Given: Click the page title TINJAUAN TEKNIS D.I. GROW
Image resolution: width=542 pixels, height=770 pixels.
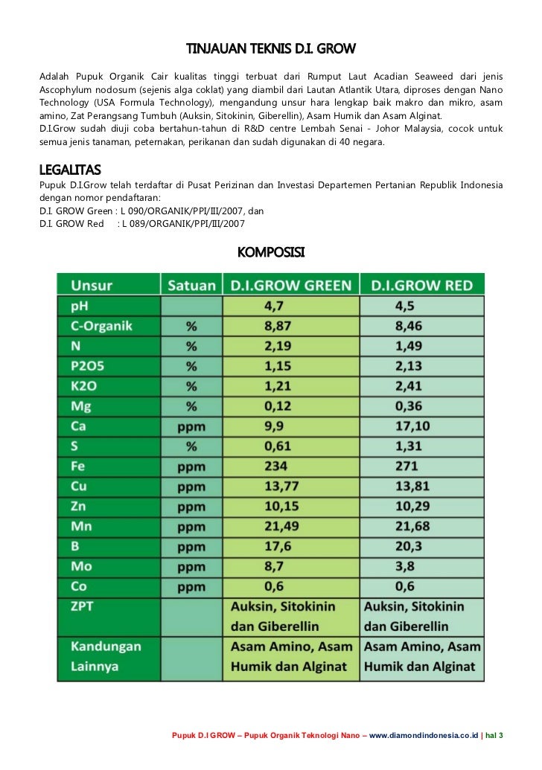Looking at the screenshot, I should tap(271, 49).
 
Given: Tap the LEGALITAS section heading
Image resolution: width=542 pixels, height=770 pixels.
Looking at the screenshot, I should tap(70, 169).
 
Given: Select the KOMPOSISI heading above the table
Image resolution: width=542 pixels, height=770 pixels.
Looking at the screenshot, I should tap(270, 253).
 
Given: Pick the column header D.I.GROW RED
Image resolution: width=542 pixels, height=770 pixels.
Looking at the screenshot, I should tap(421, 286).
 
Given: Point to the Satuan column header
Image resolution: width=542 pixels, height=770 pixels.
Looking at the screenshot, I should tap(192, 286).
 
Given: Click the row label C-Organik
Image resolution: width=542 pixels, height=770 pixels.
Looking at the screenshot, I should tap(102, 326).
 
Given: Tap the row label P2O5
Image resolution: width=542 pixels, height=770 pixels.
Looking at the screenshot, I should tap(90, 366).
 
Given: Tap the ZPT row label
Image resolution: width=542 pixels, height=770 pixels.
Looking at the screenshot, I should tap(84, 607).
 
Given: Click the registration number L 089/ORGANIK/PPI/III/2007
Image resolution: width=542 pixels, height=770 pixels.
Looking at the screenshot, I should tap(182, 223).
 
